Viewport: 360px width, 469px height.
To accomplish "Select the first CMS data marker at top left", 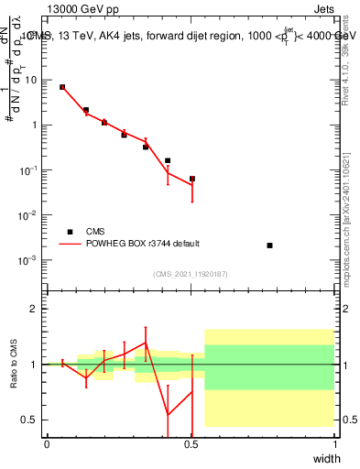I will pos(62,87).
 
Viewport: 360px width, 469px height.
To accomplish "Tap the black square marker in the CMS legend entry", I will pos(68,232).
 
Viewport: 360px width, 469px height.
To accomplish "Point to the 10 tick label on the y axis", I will pos(31,80).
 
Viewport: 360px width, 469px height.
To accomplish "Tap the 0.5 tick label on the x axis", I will pos(191,444).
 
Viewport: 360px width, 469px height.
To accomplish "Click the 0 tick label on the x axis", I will pos(47,444).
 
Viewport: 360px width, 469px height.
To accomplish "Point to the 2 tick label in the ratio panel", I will pos(34,309).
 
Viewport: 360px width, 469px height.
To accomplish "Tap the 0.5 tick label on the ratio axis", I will pos(30,420).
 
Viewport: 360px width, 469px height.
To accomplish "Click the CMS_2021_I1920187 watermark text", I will pos(191,274).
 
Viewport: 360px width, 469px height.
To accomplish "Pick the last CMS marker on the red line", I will pos(192,179).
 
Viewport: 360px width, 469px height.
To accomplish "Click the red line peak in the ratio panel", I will pos(146,343).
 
